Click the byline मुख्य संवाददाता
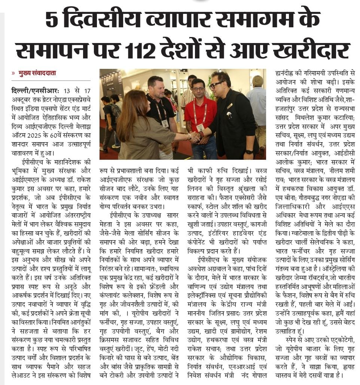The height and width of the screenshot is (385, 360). click(x=37, y=73)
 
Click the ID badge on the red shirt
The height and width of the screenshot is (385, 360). click(x=200, y=127)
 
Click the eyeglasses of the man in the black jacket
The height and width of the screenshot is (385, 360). click(x=216, y=85)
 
